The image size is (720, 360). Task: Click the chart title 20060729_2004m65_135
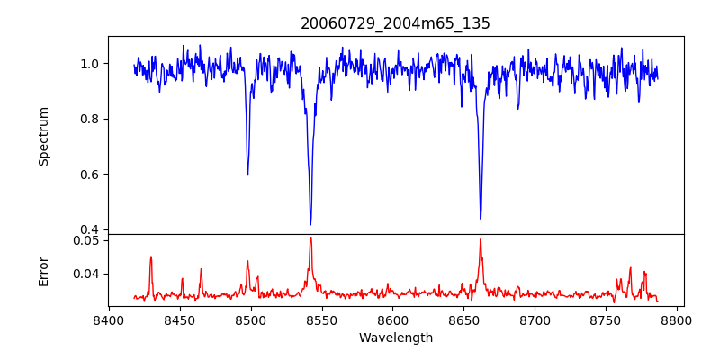(x=395, y=23)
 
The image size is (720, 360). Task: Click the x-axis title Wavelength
(x=395, y=338)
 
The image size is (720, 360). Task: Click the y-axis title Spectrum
(x=44, y=136)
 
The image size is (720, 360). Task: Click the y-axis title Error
(x=44, y=270)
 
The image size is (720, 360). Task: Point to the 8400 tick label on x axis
(x=109, y=319)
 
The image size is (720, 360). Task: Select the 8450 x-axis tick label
(x=180, y=319)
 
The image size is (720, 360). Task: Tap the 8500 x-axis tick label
(x=251, y=319)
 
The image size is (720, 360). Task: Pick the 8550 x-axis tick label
(x=322, y=319)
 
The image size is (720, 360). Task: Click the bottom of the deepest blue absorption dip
(x=310, y=224)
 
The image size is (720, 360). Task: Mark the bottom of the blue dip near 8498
(x=247, y=175)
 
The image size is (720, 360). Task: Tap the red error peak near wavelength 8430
(x=151, y=256)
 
